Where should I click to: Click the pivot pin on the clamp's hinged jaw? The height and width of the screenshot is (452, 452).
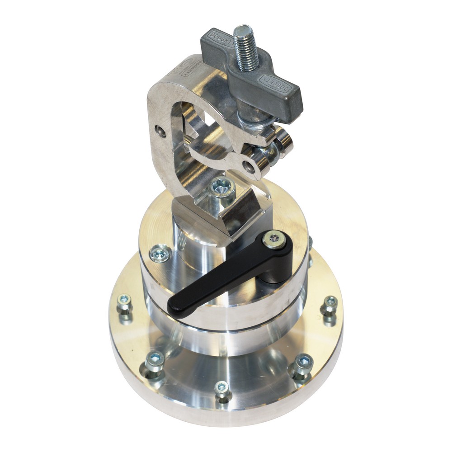coord(249,166)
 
